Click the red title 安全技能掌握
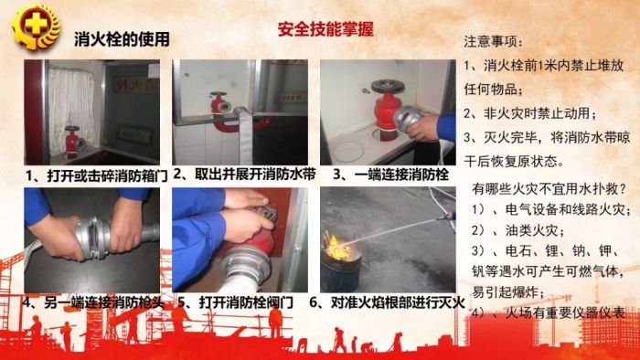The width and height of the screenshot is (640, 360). [325, 29]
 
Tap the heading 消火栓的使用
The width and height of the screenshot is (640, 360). [122, 39]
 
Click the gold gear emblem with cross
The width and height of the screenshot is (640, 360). [35, 26]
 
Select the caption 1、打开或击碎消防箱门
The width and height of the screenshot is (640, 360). [96, 176]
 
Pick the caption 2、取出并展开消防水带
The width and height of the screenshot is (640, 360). [244, 175]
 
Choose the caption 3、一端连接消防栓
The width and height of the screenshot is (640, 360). [390, 175]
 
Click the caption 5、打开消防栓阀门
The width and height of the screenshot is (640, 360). [236, 302]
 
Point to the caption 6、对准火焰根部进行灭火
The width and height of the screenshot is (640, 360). [387, 302]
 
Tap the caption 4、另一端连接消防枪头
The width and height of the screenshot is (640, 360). [93, 302]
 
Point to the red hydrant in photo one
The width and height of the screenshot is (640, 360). [72, 141]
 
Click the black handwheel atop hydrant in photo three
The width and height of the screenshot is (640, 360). [388, 87]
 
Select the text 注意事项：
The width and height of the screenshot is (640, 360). [493, 42]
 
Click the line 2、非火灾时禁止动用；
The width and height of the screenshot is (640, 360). [530, 113]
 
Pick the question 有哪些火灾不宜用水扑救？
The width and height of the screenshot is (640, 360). [549, 189]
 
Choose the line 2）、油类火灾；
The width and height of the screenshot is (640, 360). [518, 231]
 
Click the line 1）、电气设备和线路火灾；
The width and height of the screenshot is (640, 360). [550, 209]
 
